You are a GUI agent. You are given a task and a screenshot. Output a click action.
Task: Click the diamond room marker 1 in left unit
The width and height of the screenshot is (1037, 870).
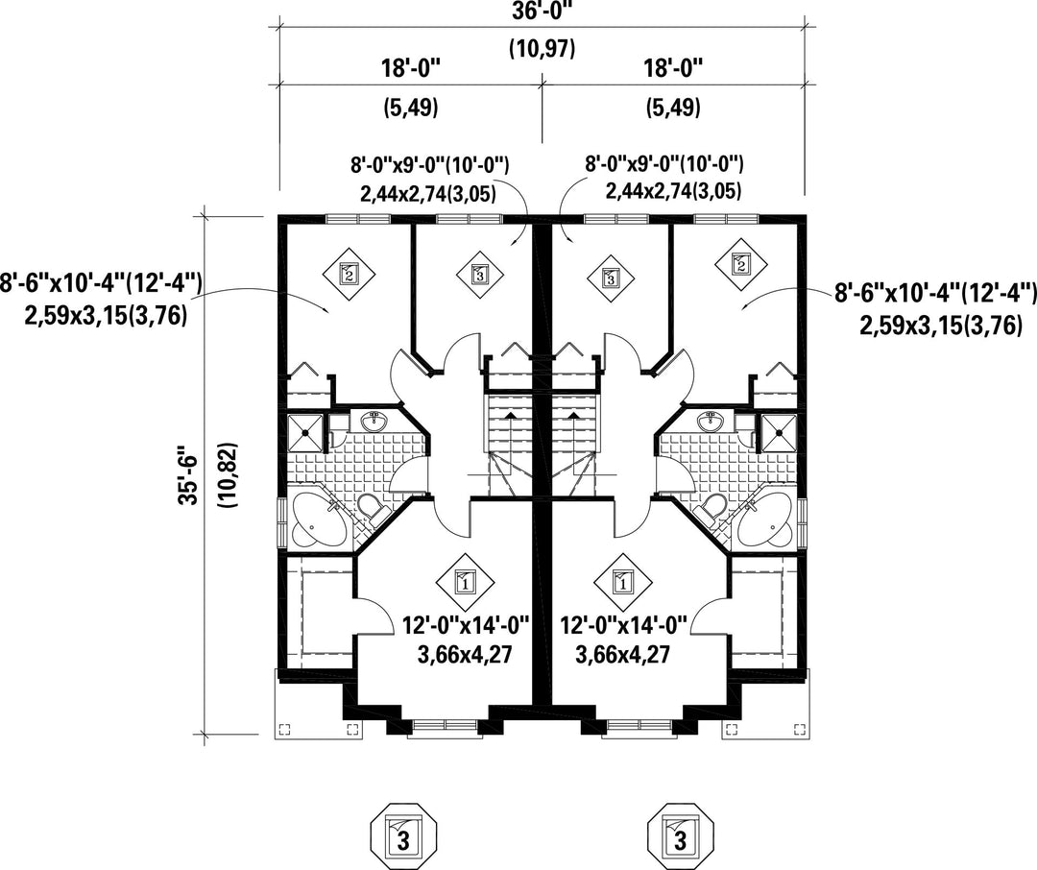463,582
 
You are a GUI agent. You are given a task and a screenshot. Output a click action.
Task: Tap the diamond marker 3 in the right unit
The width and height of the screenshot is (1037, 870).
610,278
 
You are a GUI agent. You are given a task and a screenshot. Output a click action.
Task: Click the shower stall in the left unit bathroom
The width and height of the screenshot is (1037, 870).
306,432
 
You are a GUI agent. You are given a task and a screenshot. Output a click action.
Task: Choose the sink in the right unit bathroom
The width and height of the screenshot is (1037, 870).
711,420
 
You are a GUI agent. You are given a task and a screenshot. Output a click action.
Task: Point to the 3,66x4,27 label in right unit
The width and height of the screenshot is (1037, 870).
622,655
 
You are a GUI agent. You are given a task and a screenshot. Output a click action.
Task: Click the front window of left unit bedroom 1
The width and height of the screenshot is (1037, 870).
446,728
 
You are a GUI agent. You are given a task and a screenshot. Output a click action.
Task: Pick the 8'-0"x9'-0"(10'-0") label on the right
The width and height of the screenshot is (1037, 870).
665,164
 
